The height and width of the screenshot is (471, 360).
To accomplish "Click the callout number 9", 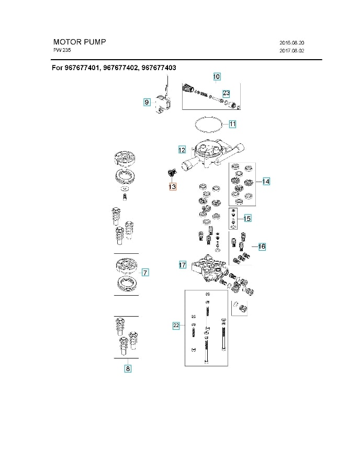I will (148, 103).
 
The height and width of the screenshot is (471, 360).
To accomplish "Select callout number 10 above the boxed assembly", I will (217, 77).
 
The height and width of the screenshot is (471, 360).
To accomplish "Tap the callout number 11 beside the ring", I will (232, 124).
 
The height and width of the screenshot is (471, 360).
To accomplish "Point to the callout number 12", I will (182, 150).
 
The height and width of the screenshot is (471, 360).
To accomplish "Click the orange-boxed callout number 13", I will (172, 186).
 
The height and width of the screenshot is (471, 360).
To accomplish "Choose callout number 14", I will (266, 181).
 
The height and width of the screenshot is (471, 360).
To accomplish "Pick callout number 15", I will (248, 218).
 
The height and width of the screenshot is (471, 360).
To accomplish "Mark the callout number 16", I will (262, 246).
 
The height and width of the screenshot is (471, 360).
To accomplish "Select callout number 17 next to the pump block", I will (182, 265).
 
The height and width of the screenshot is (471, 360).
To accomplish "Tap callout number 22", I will (176, 326).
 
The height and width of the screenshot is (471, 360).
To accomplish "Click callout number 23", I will (226, 93).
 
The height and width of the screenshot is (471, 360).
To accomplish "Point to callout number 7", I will (145, 272).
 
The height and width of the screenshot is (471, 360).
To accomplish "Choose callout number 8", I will (128, 368).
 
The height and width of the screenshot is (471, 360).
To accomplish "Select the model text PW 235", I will (62, 50).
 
